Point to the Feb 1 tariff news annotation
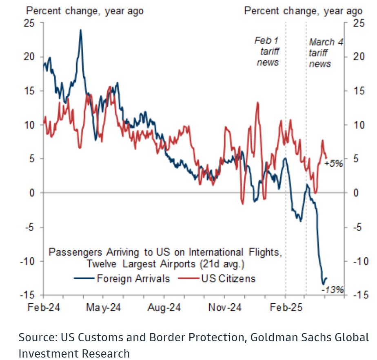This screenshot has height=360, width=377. click(x=267, y=51)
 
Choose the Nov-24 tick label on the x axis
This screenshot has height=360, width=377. click(x=225, y=307)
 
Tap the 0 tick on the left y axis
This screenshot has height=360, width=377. click(x=31, y=193)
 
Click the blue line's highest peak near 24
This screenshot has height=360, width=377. click(x=80, y=30)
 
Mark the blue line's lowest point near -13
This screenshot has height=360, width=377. click(x=323, y=284)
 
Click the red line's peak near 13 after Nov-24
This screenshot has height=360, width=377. click(x=258, y=102)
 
